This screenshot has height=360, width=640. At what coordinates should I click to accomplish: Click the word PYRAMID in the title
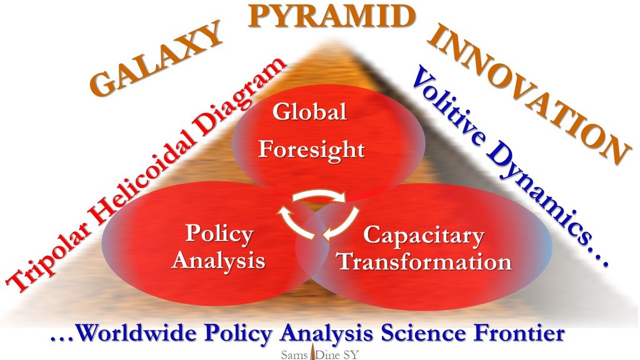(x=332, y=16)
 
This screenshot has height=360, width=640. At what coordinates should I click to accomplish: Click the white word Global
(x=309, y=111)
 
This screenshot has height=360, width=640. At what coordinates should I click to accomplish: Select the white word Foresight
(x=311, y=150)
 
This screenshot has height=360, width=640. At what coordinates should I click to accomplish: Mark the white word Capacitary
(x=424, y=236)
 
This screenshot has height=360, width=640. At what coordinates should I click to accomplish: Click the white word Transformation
(x=425, y=262)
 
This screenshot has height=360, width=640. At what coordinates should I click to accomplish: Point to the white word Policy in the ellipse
(x=219, y=234)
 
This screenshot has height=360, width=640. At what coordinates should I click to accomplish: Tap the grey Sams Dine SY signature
(x=319, y=354)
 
